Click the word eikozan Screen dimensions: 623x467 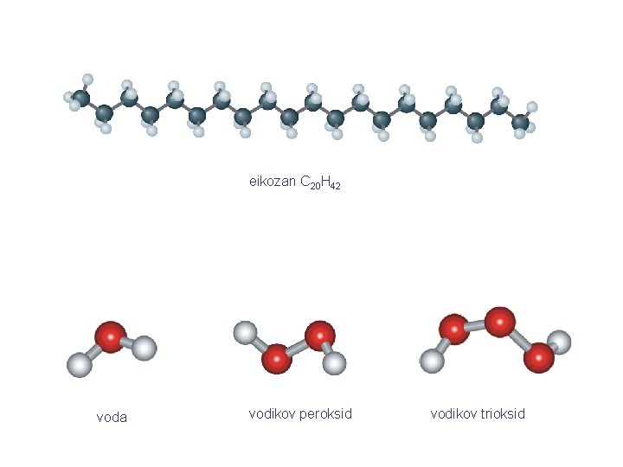click(x=273, y=182)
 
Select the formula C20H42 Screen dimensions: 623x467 click(x=321, y=182)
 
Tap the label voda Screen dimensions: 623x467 click(x=112, y=418)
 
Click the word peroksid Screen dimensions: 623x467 click(x=326, y=414)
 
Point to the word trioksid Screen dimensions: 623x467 click(x=503, y=413)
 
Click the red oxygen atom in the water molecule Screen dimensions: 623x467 click(x=111, y=337)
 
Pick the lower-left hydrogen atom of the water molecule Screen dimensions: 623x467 click(x=80, y=365)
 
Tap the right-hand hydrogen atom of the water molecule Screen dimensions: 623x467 click(x=144, y=348)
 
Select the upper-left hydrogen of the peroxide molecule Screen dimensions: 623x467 click(x=246, y=333)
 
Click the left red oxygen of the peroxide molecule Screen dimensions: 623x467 click(x=277, y=359)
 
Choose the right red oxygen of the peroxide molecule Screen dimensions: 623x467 click(x=320, y=336)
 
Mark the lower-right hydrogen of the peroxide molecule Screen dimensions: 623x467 click(x=334, y=363)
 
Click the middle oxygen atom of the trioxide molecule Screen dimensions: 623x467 click(x=500, y=322)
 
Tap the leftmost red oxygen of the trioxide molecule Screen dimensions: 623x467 click(x=454, y=329)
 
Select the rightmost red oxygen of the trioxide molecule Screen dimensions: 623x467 click(x=539, y=358)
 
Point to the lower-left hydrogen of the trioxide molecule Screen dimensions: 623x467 click(x=433, y=361)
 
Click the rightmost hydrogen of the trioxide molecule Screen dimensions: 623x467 click(x=560, y=342)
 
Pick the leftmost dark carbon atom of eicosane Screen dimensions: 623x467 click(x=82, y=98)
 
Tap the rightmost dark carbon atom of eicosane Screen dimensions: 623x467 click(x=520, y=122)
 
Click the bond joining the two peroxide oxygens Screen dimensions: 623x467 click(x=298, y=348)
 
